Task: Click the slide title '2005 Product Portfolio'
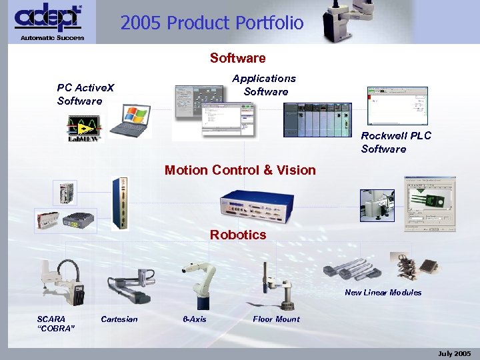[x=212, y=23]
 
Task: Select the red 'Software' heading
[x=237, y=58]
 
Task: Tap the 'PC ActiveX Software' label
[x=85, y=94]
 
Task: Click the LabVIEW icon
[x=85, y=128]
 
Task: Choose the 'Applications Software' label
[x=265, y=85]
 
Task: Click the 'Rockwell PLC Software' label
[x=396, y=142]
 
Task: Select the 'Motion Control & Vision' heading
[x=240, y=170]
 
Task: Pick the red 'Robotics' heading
[x=238, y=235]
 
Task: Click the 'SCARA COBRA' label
[x=55, y=323]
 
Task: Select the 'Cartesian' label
[x=119, y=319]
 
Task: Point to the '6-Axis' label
[x=195, y=319]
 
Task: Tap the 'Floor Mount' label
[x=276, y=319]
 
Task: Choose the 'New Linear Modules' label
[x=383, y=292]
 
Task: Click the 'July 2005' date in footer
[x=454, y=353]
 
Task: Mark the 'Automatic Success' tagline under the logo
[x=52, y=37]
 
